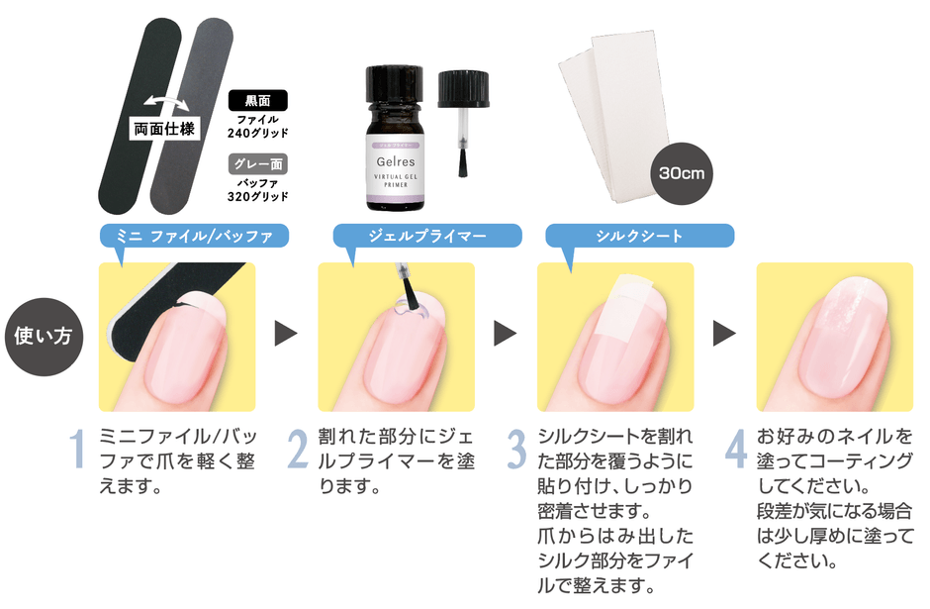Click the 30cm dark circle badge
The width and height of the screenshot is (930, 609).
[682, 173]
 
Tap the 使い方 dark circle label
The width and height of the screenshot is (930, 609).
[44, 337]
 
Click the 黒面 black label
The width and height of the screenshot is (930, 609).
[258, 100]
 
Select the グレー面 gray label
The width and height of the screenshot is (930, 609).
[258, 163]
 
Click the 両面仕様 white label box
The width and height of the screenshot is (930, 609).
[164, 129]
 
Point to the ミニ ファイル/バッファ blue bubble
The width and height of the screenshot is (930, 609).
[194, 237]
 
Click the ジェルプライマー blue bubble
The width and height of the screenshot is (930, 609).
[427, 236]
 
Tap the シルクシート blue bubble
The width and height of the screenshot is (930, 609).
[639, 236]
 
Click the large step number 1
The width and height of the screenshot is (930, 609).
[78, 450]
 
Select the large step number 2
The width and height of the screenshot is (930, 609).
[298, 450]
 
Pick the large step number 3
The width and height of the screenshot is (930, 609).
[516, 450]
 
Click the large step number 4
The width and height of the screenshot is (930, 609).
[736, 450]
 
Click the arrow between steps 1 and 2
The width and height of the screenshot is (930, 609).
[285, 334]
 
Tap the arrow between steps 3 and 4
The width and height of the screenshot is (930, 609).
[724, 334]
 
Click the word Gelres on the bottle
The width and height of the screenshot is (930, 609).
[396, 161]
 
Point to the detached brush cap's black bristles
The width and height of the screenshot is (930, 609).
[463, 162]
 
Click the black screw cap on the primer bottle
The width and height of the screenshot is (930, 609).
[395, 84]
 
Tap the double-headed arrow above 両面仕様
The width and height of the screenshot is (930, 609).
[166, 103]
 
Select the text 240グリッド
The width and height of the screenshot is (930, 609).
[258, 133]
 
